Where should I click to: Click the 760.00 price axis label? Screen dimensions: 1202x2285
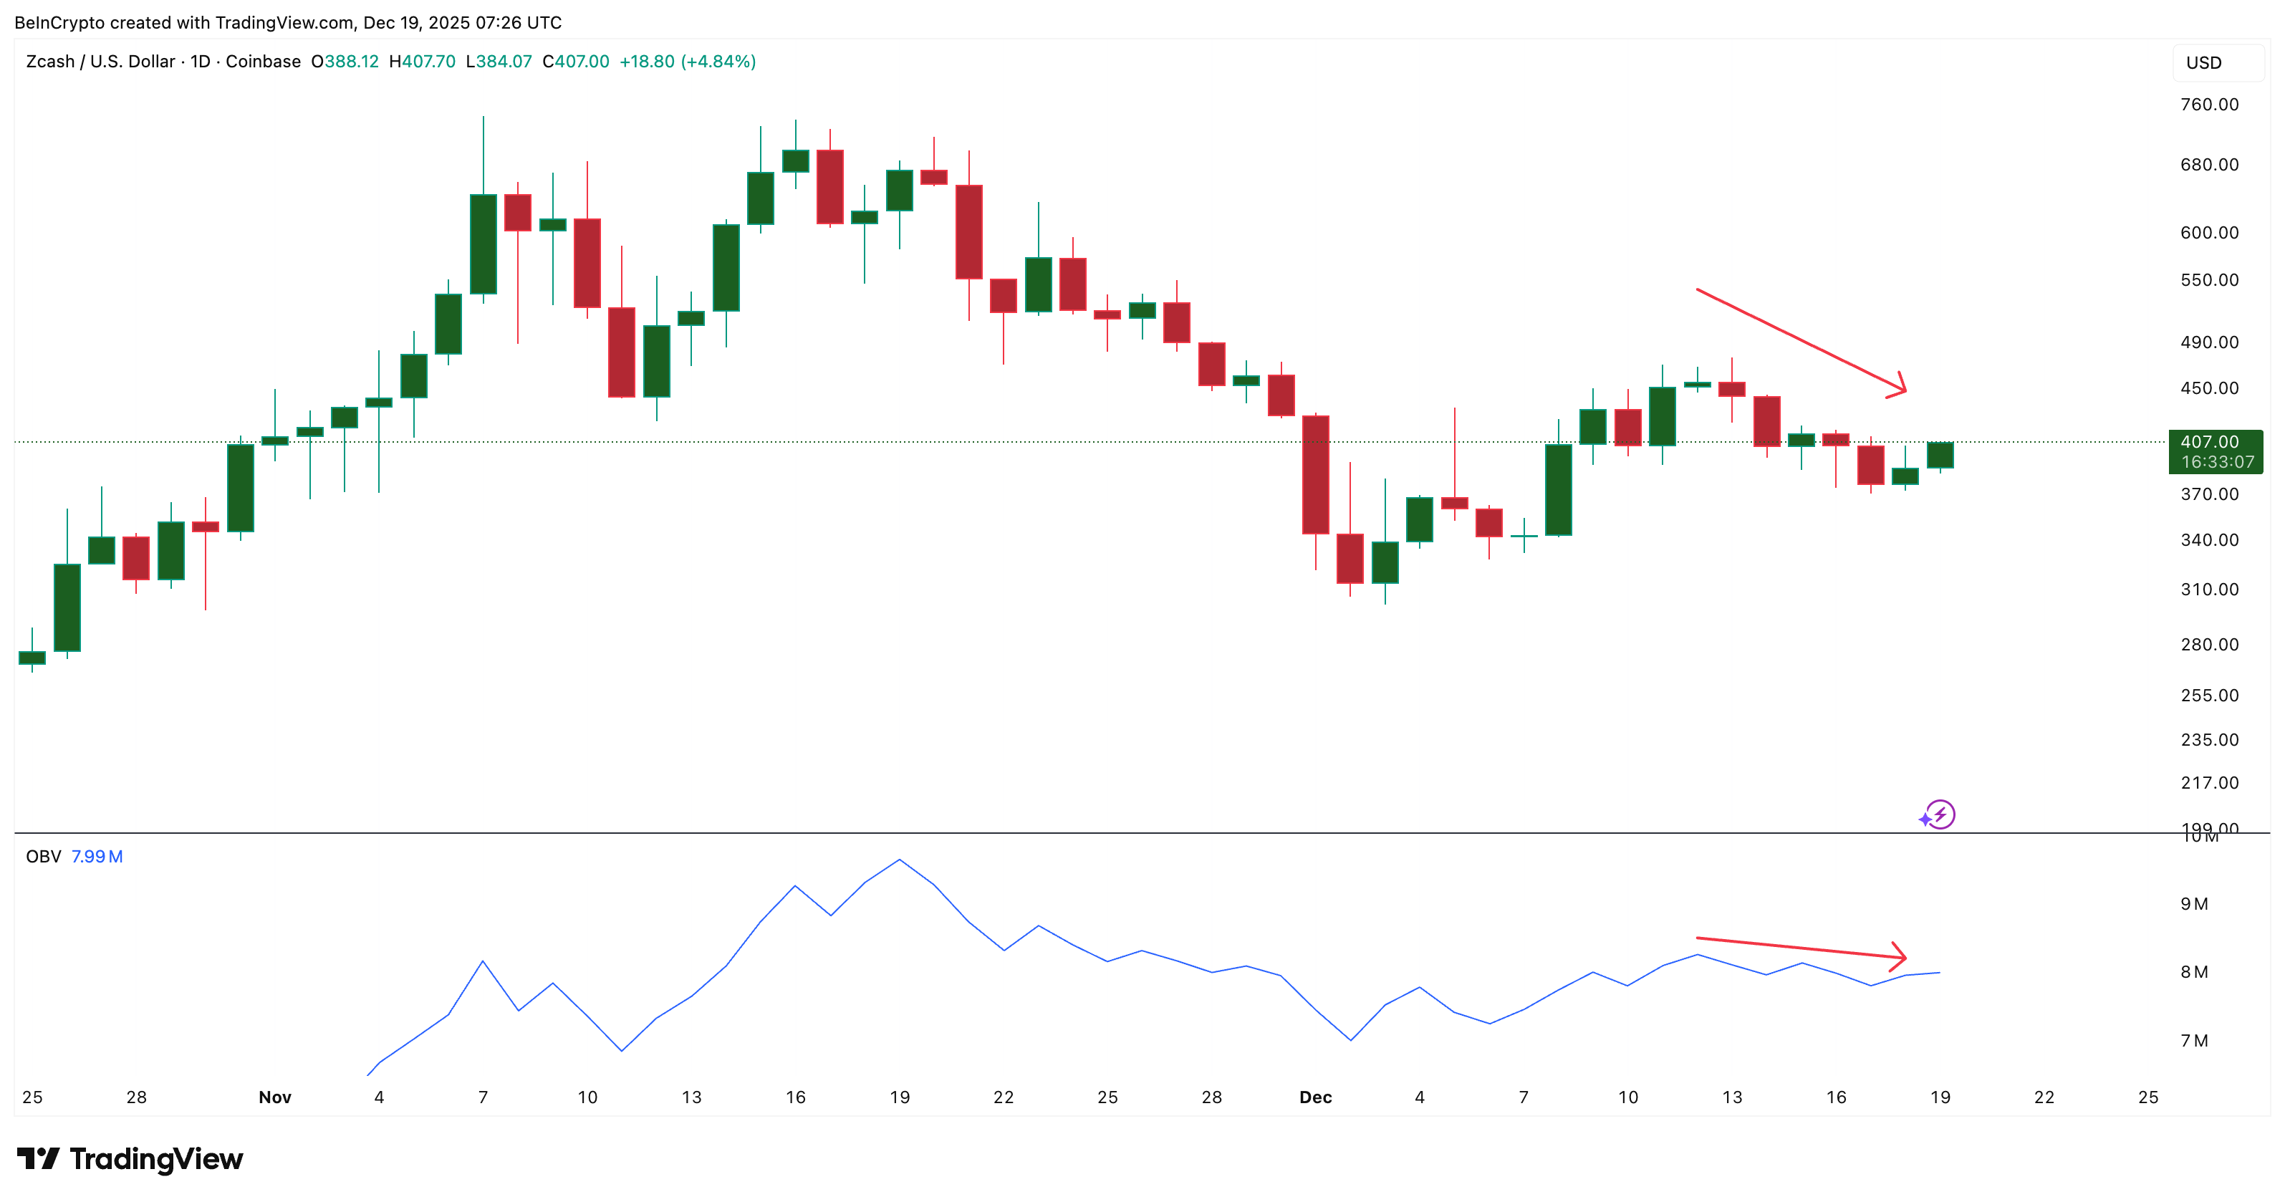coord(2209,105)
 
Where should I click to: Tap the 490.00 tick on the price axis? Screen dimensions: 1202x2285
coord(2209,342)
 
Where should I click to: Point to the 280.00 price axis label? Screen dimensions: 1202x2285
coord(2209,645)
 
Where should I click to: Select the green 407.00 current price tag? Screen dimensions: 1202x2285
coord(2215,451)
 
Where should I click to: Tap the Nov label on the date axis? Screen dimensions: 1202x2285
coord(275,1097)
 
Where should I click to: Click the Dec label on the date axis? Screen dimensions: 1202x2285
coord(1315,1097)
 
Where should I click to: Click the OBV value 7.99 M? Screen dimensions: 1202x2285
coord(97,857)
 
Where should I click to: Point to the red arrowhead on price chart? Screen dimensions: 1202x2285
coord(1899,387)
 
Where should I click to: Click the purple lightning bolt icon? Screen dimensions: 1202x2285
coord(1940,814)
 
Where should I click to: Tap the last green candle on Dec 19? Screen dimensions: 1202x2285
coord(1940,455)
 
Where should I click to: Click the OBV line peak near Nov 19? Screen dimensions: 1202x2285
coord(900,860)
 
